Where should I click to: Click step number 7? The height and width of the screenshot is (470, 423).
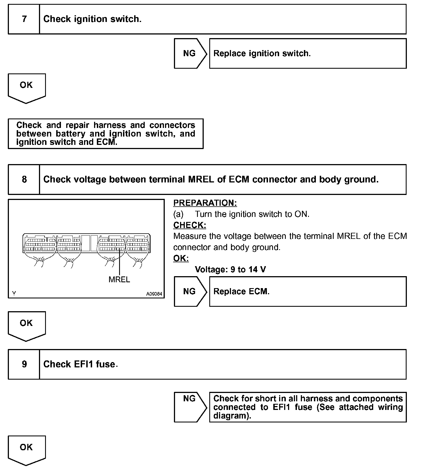(24, 19)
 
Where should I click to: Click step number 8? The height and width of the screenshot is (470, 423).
(24, 179)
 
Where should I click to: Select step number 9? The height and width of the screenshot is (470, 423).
(24, 364)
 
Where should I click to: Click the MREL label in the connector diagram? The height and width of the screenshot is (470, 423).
(119, 279)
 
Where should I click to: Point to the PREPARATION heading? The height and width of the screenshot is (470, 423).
(205, 203)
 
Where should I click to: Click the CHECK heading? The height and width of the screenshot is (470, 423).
(190, 225)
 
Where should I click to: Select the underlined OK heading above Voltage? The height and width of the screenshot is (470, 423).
(181, 258)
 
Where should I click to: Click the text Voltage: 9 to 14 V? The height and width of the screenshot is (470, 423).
(230, 269)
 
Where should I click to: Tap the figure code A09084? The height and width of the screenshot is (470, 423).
(154, 294)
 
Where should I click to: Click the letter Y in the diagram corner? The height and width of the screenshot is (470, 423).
(14, 293)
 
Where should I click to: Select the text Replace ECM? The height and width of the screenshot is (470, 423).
(241, 291)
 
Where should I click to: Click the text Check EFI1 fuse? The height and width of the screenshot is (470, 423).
(80, 364)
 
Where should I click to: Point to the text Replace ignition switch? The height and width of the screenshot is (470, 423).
(262, 53)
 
